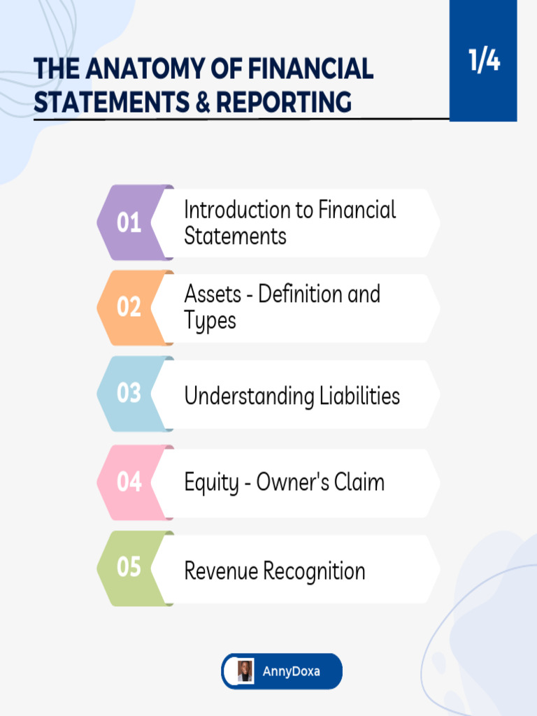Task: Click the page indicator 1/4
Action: click(484, 62)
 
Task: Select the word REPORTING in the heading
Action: click(283, 102)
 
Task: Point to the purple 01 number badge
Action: click(129, 223)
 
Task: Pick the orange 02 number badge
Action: click(129, 307)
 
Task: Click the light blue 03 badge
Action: click(129, 394)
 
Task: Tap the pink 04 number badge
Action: click(129, 482)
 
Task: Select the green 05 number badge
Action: click(129, 567)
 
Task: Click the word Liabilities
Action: click(359, 396)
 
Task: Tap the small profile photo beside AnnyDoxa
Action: click(245, 671)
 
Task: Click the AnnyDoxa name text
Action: click(291, 672)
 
